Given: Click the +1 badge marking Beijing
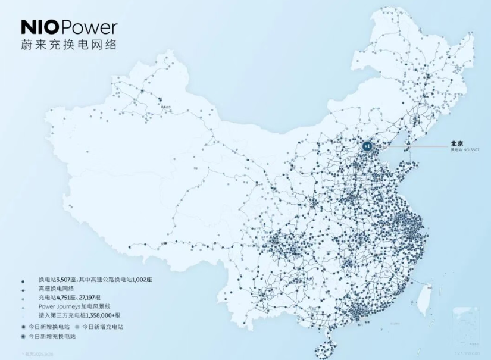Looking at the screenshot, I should (x=368, y=145).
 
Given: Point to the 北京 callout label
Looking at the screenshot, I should (x=457, y=143).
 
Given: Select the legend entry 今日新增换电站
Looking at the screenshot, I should (x=54, y=327).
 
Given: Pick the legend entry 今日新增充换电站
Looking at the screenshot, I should (x=57, y=337).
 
